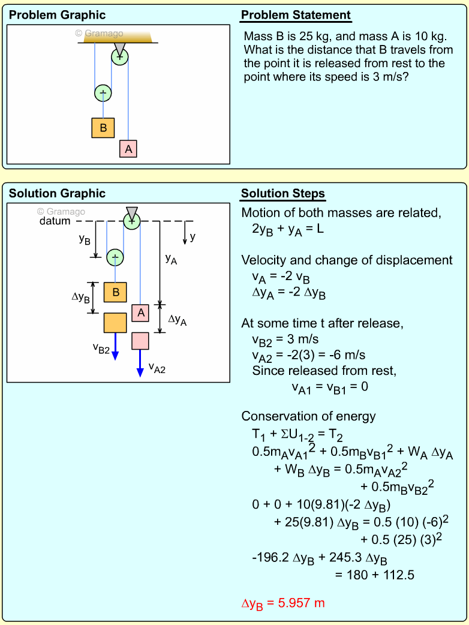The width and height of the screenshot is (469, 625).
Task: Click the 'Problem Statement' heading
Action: tap(296, 16)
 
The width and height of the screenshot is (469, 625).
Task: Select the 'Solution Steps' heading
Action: tap(282, 194)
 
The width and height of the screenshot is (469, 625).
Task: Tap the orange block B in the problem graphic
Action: tap(103, 128)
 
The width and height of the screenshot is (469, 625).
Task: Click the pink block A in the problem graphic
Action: tap(128, 149)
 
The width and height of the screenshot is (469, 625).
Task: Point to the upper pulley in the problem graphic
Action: tap(120, 56)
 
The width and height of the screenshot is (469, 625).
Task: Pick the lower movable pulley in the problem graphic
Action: tap(103, 93)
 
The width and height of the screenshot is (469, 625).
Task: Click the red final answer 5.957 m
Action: tap(282, 603)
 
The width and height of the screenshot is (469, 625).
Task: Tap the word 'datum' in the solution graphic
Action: tap(55, 221)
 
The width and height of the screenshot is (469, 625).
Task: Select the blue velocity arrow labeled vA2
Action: tap(140, 364)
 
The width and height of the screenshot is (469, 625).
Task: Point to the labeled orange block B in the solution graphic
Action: tap(115, 292)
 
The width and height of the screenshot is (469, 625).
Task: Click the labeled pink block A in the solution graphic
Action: tap(140, 312)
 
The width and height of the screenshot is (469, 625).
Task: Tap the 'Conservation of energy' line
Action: tap(308, 416)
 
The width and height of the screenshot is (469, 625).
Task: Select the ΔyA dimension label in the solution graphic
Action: tap(178, 320)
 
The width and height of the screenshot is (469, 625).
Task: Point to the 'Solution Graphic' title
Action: tap(58, 194)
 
